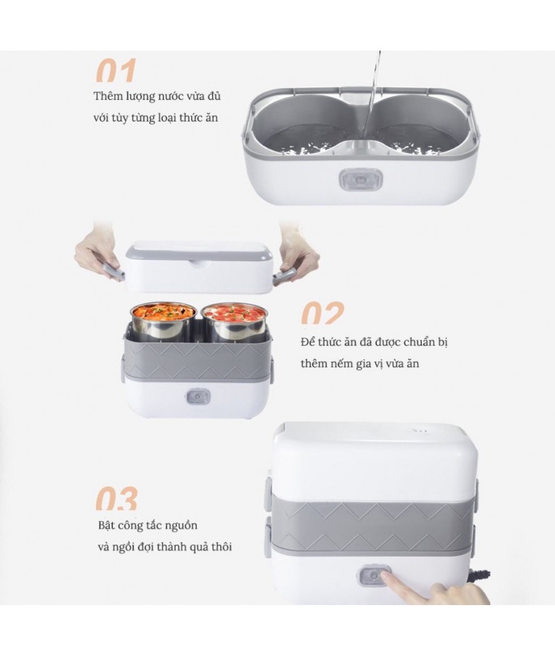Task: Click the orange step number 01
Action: pos(116,71)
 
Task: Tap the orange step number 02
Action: pos(323,313)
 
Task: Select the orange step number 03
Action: pos(116,499)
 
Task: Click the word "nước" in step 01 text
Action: pos(171,96)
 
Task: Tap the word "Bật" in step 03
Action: pos(106,525)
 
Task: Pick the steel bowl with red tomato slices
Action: pos(234,321)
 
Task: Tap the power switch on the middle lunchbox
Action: pos(197,396)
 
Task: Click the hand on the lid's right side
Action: pos(296,254)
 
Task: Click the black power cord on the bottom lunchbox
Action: pos(482,578)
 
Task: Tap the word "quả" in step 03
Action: pos(200,548)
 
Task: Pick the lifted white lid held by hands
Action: pos(199,267)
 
